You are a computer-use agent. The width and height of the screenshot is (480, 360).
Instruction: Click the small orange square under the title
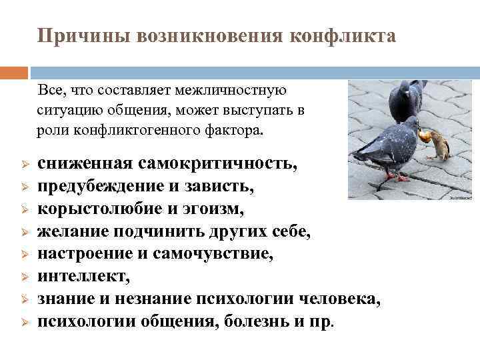point(14,72)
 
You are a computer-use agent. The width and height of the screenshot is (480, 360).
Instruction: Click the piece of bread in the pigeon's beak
point(424,136)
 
